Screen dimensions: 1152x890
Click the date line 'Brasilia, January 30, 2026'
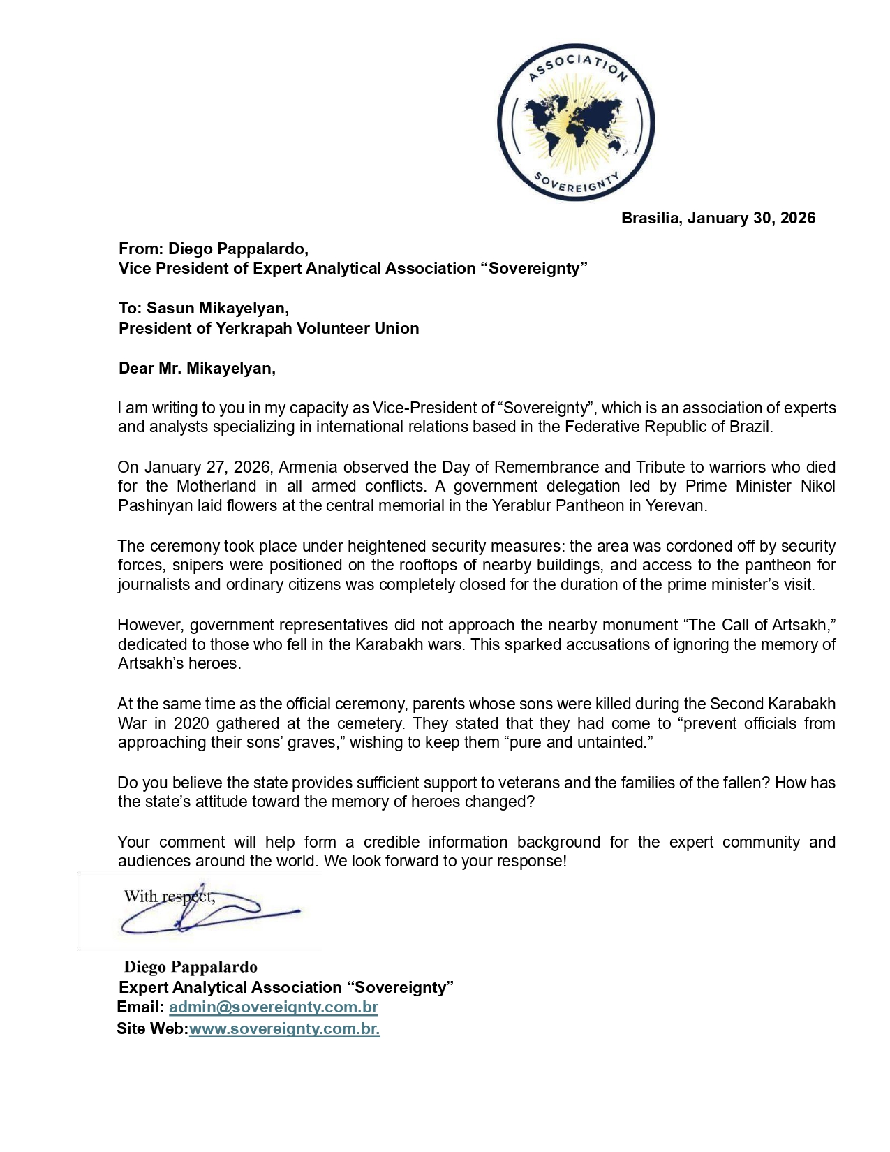(x=718, y=218)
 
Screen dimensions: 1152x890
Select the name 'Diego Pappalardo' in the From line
(x=237, y=249)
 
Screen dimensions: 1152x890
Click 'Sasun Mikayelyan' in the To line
(x=217, y=308)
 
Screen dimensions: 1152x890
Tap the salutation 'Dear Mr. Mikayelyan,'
(x=197, y=368)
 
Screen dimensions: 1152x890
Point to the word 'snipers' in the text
(x=198, y=565)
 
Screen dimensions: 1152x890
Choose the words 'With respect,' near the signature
(x=169, y=896)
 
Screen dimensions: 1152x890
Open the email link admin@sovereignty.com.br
(x=273, y=1007)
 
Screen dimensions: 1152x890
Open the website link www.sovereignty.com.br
(x=284, y=1028)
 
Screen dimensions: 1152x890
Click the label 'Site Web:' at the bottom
(x=152, y=1028)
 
